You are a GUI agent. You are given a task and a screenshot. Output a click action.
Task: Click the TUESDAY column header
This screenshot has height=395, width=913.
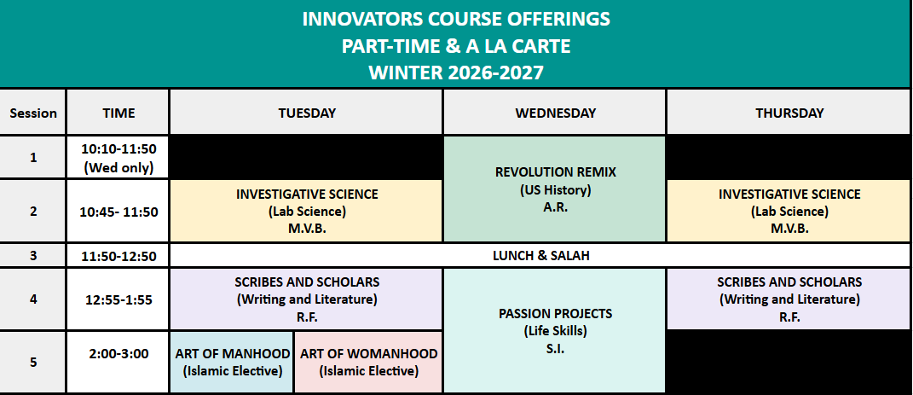(x=306, y=113)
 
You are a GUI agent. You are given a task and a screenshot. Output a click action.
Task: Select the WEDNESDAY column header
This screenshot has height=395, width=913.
(x=555, y=113)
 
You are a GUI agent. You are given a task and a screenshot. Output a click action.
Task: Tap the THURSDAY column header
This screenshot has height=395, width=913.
(x=789, y=113)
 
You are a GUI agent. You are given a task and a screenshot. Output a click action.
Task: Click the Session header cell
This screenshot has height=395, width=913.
(x=32, y=113)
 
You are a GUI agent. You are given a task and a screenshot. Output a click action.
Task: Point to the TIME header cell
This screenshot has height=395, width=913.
(x=118, y=113)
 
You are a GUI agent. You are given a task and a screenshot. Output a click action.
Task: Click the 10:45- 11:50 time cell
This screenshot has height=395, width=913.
(x=118, y=212)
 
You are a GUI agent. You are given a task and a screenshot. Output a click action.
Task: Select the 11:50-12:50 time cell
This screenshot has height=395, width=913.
(x=118, y=255)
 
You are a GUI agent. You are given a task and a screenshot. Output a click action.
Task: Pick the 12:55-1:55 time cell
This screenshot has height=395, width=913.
(x=118, y=299)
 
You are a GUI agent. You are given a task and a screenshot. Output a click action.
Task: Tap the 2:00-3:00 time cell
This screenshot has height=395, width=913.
(x=118, y=362)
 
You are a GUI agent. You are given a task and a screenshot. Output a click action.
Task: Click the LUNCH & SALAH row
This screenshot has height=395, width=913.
(x=540, y=255)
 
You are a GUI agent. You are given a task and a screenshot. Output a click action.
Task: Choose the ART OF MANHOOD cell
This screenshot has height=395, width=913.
(x=232, y=362)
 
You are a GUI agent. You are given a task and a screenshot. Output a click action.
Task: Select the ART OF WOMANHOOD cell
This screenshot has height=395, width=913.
(x=368, y=362)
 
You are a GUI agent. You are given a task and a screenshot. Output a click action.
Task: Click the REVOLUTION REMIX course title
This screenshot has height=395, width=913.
(x=555, y=172)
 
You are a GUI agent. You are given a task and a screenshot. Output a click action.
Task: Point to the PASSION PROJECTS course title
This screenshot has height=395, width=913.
(x=555, y=313)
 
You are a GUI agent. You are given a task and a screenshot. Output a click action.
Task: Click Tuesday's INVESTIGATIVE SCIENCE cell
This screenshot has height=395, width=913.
(x=306, y=211)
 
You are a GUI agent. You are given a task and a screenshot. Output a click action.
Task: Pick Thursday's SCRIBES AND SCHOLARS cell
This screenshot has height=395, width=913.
(x=789, y=299)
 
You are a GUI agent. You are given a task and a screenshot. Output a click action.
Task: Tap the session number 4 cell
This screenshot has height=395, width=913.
(x=32, y=299)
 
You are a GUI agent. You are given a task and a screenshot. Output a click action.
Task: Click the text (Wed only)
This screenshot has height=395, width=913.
(x=118, y=168)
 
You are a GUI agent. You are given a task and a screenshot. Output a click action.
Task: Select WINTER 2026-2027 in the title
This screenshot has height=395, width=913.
(x=456, y=73)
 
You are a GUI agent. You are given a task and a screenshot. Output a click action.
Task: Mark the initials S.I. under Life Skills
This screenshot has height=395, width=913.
(x=556, y=350)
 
